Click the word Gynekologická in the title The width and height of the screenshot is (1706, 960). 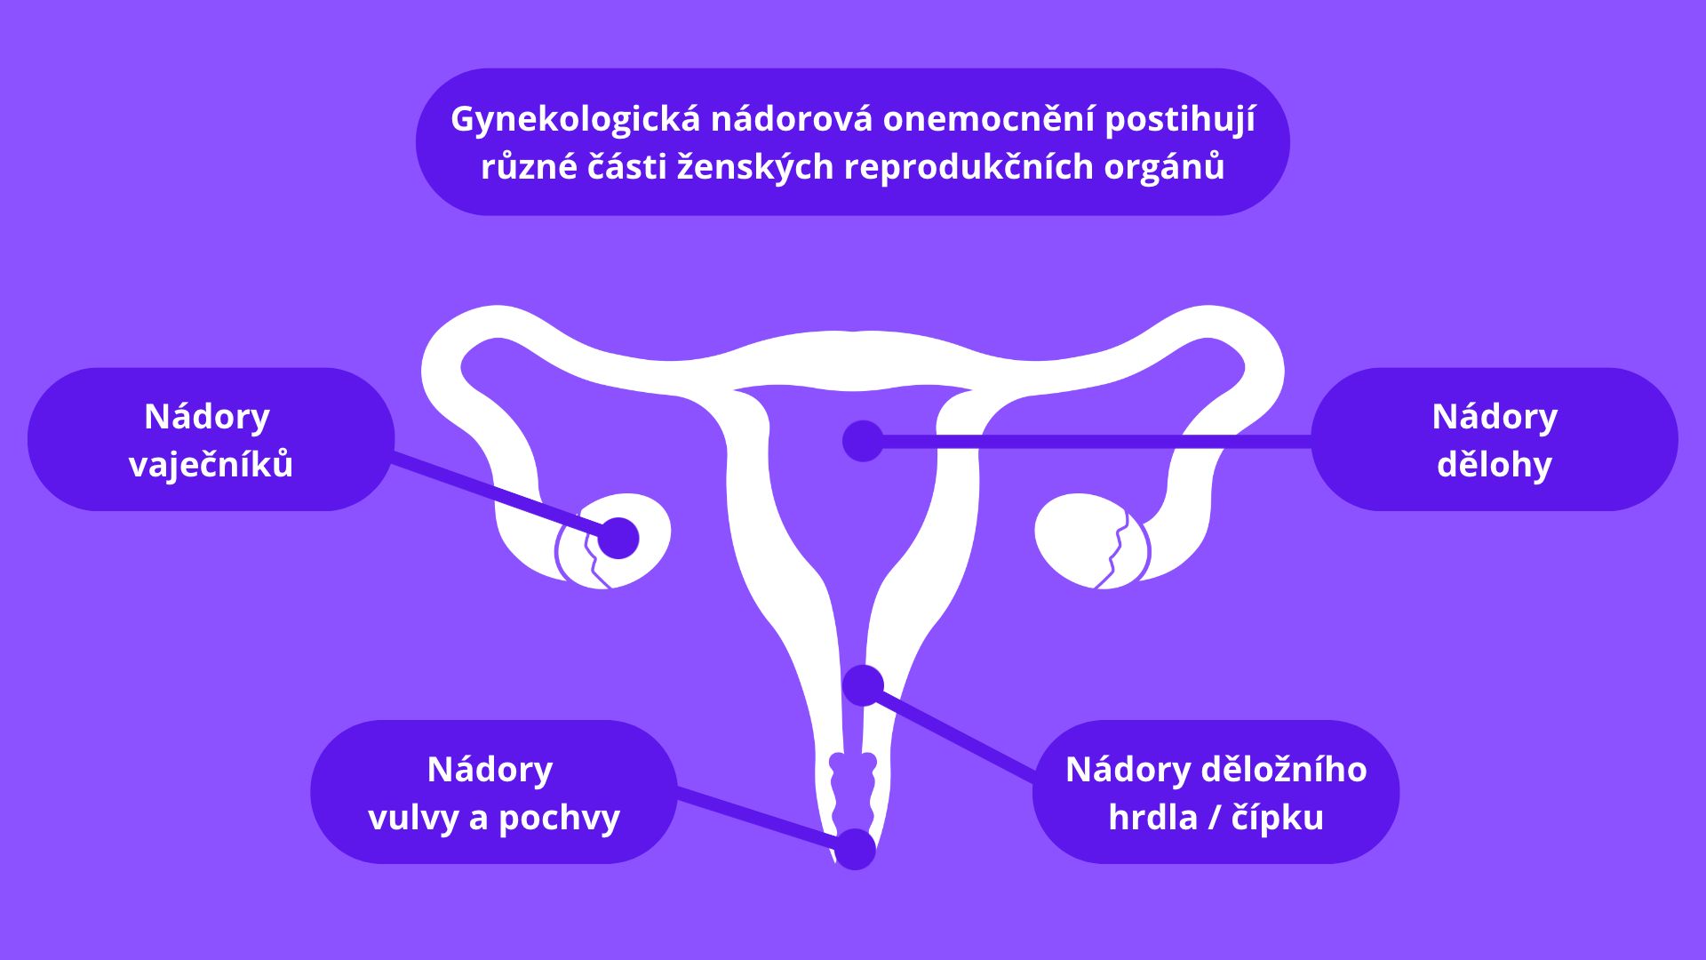[576, 120]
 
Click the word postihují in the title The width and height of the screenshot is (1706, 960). [1180, 120]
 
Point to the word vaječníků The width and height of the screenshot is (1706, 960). [211, 464]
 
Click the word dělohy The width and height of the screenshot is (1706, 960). [1495, 464]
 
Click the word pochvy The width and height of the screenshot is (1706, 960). [559, 818]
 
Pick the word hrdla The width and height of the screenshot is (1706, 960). [1152, 818]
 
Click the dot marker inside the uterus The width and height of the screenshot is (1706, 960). [863, 441]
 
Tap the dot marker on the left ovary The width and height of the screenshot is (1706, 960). [618, 538]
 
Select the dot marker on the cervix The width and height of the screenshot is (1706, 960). [863, 685]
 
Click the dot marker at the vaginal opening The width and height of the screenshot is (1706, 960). [856, 849]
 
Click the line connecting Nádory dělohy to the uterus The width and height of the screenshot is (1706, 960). [1096, 441]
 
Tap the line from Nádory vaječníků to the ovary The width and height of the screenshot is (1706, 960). [496, 497]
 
